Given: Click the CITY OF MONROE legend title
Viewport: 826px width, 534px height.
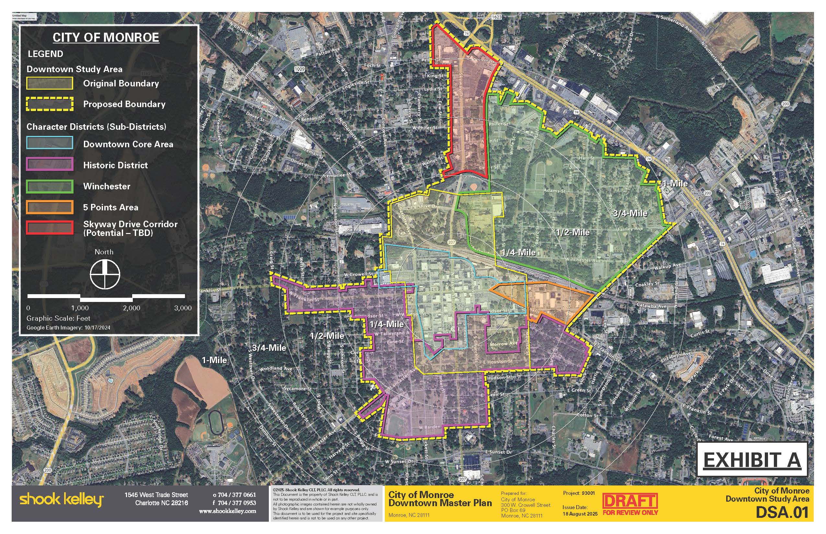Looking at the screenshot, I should pos(106,38).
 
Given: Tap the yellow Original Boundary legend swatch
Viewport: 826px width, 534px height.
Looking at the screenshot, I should pos(50,83).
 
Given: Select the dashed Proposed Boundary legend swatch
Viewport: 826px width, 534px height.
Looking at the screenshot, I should pos(50,104).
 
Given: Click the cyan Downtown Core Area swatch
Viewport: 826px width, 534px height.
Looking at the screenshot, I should pos(50,143).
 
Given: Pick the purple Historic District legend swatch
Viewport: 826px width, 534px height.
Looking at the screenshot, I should pos(50,164).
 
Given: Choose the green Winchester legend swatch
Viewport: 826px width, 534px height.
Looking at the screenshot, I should pos(50,186).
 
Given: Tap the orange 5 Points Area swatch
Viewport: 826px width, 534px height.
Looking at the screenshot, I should pos(50,207).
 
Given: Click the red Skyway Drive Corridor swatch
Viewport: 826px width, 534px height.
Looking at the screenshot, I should pos(50,228).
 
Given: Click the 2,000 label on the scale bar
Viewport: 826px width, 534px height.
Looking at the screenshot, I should pos(132,308).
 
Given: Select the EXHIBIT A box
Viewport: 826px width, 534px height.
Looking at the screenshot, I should pos(752,460).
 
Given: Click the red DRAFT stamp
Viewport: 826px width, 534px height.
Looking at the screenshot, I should pos(630,501).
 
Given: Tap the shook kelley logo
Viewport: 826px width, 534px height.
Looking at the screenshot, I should pos(62,500).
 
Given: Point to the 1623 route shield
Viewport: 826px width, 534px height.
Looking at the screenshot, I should pos(496,17).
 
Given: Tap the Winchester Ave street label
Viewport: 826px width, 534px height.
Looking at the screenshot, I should pos(583,260).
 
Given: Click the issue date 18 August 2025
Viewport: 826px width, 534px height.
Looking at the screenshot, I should pos(580,514).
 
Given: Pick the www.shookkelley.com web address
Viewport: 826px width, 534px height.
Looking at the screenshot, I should pos(227,511).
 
